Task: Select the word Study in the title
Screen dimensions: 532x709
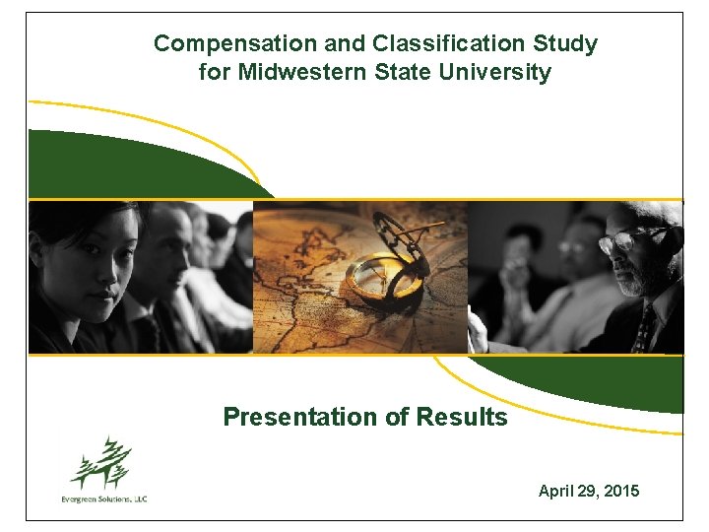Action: tap(566, 43)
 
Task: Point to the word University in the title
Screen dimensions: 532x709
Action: tap(500, 72)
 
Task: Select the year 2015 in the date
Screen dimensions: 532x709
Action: tap(621, 490)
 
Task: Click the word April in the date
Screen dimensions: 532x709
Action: tap(555, 490)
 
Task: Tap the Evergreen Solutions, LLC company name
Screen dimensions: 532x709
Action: tap(103, 499)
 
